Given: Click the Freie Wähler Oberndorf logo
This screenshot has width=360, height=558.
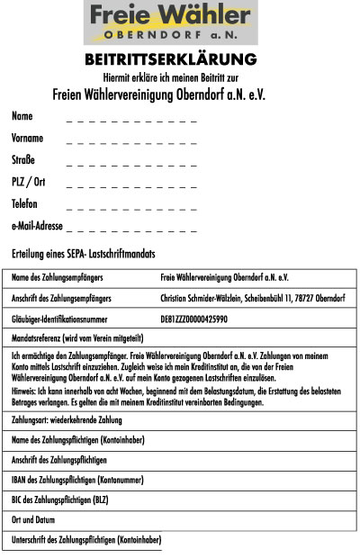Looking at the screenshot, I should (168, 22).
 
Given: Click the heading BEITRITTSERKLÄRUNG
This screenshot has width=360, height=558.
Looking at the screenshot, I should (170, 59).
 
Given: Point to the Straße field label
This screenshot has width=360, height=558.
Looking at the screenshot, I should (23, 160).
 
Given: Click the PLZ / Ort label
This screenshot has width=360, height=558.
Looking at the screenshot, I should (28, 182).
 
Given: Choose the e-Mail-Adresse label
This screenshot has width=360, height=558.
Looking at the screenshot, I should (37, 226).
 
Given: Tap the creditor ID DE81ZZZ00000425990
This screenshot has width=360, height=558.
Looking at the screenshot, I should (193, 319).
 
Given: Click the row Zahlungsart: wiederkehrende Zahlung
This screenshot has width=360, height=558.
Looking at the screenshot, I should (67, 419).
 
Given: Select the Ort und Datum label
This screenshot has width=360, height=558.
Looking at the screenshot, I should (34, 520).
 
